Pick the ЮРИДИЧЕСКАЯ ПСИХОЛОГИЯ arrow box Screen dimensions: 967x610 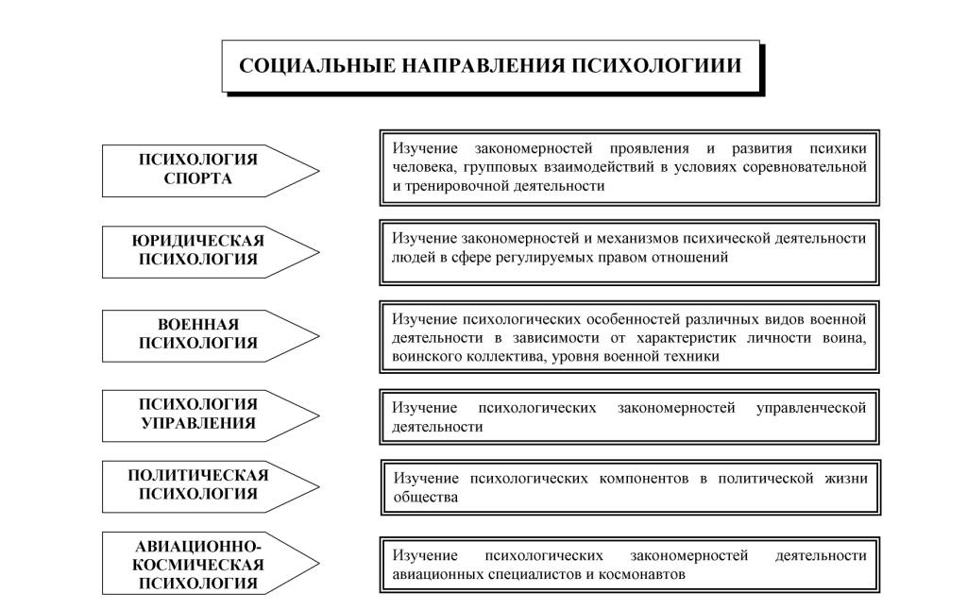199,250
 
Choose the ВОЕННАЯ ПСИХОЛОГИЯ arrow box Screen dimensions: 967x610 199,334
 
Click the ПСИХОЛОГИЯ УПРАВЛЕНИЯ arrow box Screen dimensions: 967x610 199,414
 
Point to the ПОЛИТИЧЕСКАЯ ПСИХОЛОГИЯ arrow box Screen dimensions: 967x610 199,484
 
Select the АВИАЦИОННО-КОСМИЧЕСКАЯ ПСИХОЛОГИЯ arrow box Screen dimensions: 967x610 199,565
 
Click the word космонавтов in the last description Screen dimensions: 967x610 645,574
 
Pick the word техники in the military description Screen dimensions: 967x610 695,356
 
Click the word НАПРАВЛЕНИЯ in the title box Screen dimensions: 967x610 476,66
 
